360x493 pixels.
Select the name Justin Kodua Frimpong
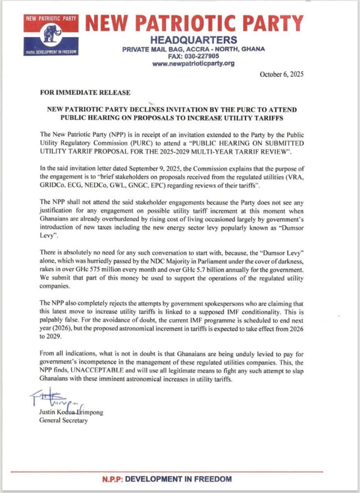point(69,412)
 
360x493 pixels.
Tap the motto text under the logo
point(49,52)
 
